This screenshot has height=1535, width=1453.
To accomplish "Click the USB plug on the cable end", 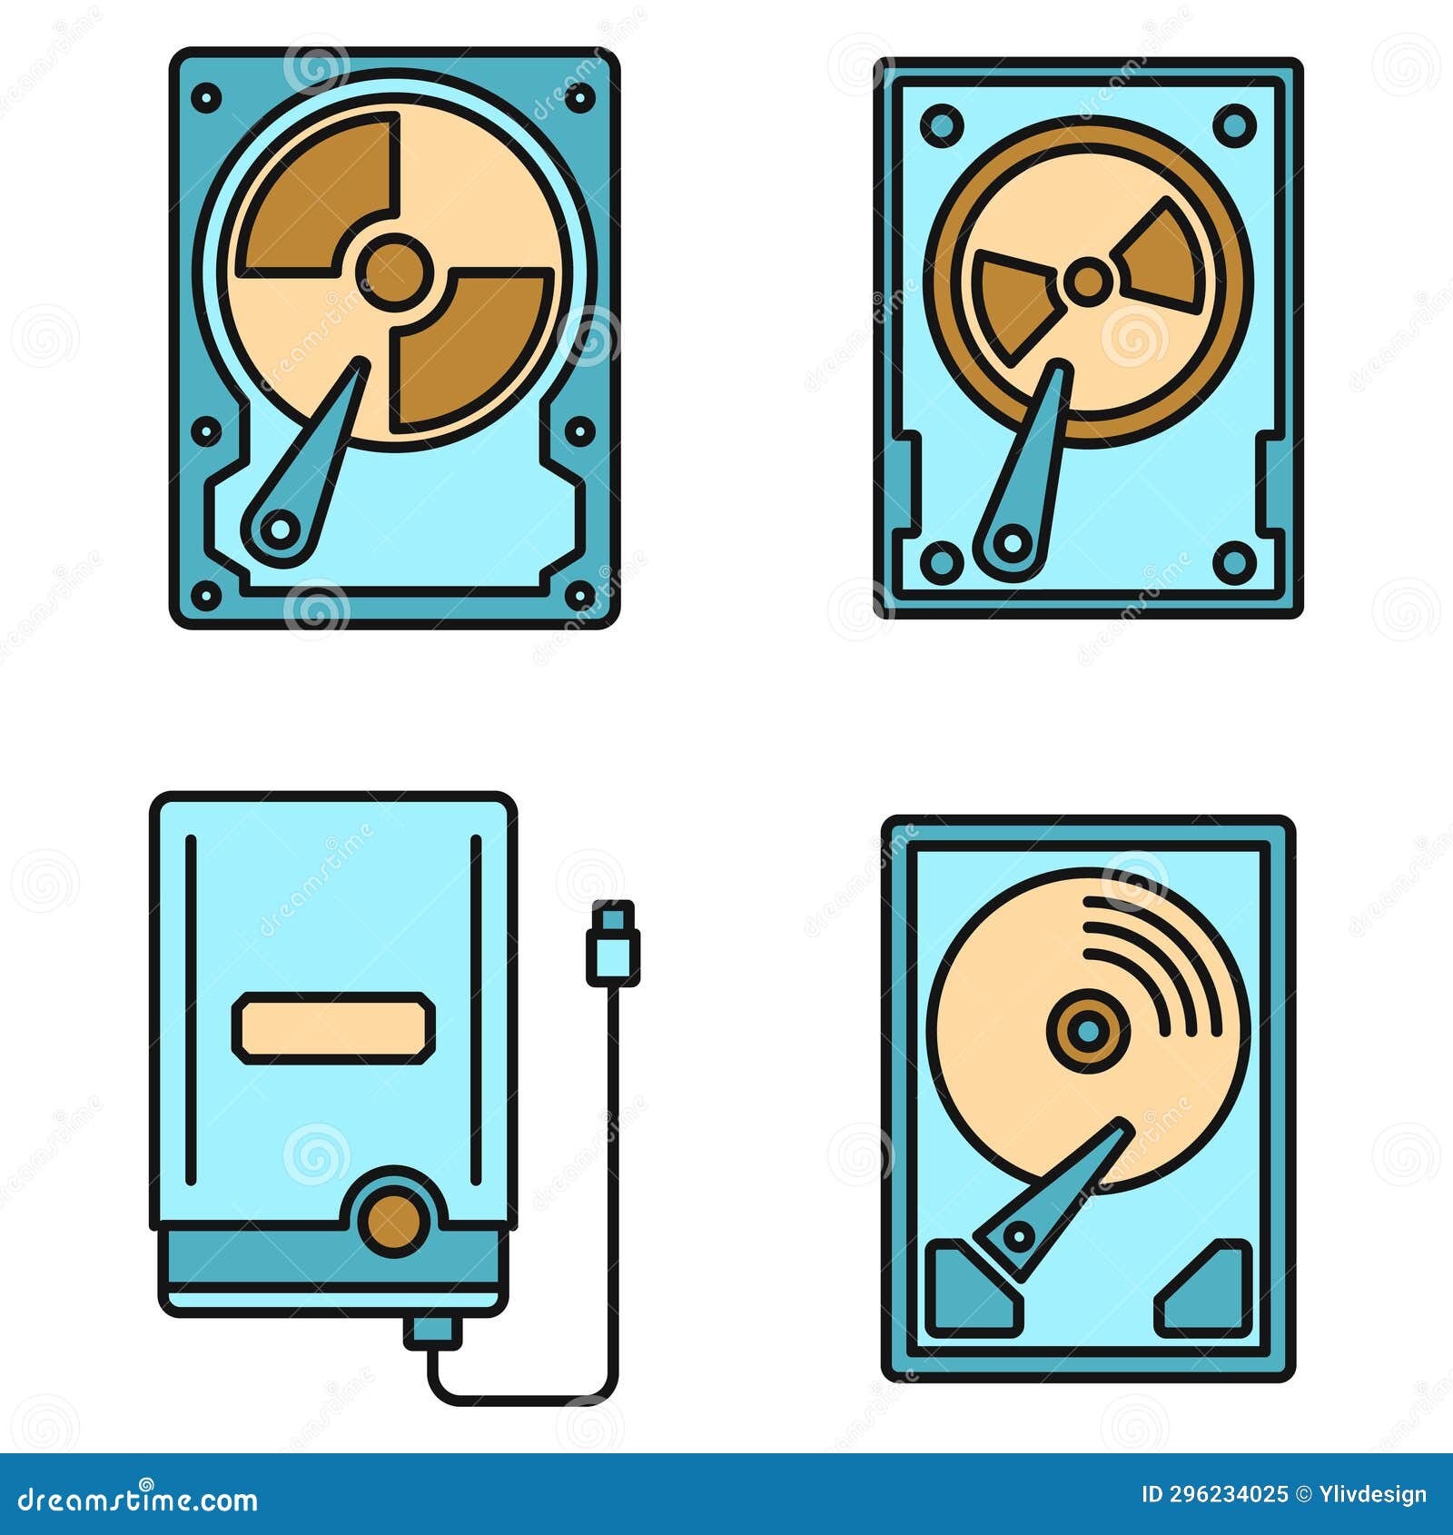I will coord(612,945).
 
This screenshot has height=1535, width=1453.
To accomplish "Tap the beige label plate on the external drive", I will coord(333,1027).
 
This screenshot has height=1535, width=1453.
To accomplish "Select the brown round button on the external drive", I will coord(393,1221).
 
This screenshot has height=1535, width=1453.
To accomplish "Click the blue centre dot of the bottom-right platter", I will coord(1087,1030).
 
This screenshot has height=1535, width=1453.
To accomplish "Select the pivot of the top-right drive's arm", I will coord(1011,544).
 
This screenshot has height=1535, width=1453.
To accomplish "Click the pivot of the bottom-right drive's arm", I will coord(1019,1236).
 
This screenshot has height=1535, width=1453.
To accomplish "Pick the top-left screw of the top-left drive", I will coord(207,97).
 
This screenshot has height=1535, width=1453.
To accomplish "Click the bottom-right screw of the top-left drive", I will coord(580,595).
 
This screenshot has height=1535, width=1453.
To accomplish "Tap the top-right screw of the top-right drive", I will coord(1234,125).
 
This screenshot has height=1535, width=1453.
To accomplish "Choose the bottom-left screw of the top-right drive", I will coord(942,562).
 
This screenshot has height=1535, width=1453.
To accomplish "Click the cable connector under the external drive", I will coord(433,1332).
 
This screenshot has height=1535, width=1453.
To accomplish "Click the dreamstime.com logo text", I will coord(139,1499).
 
